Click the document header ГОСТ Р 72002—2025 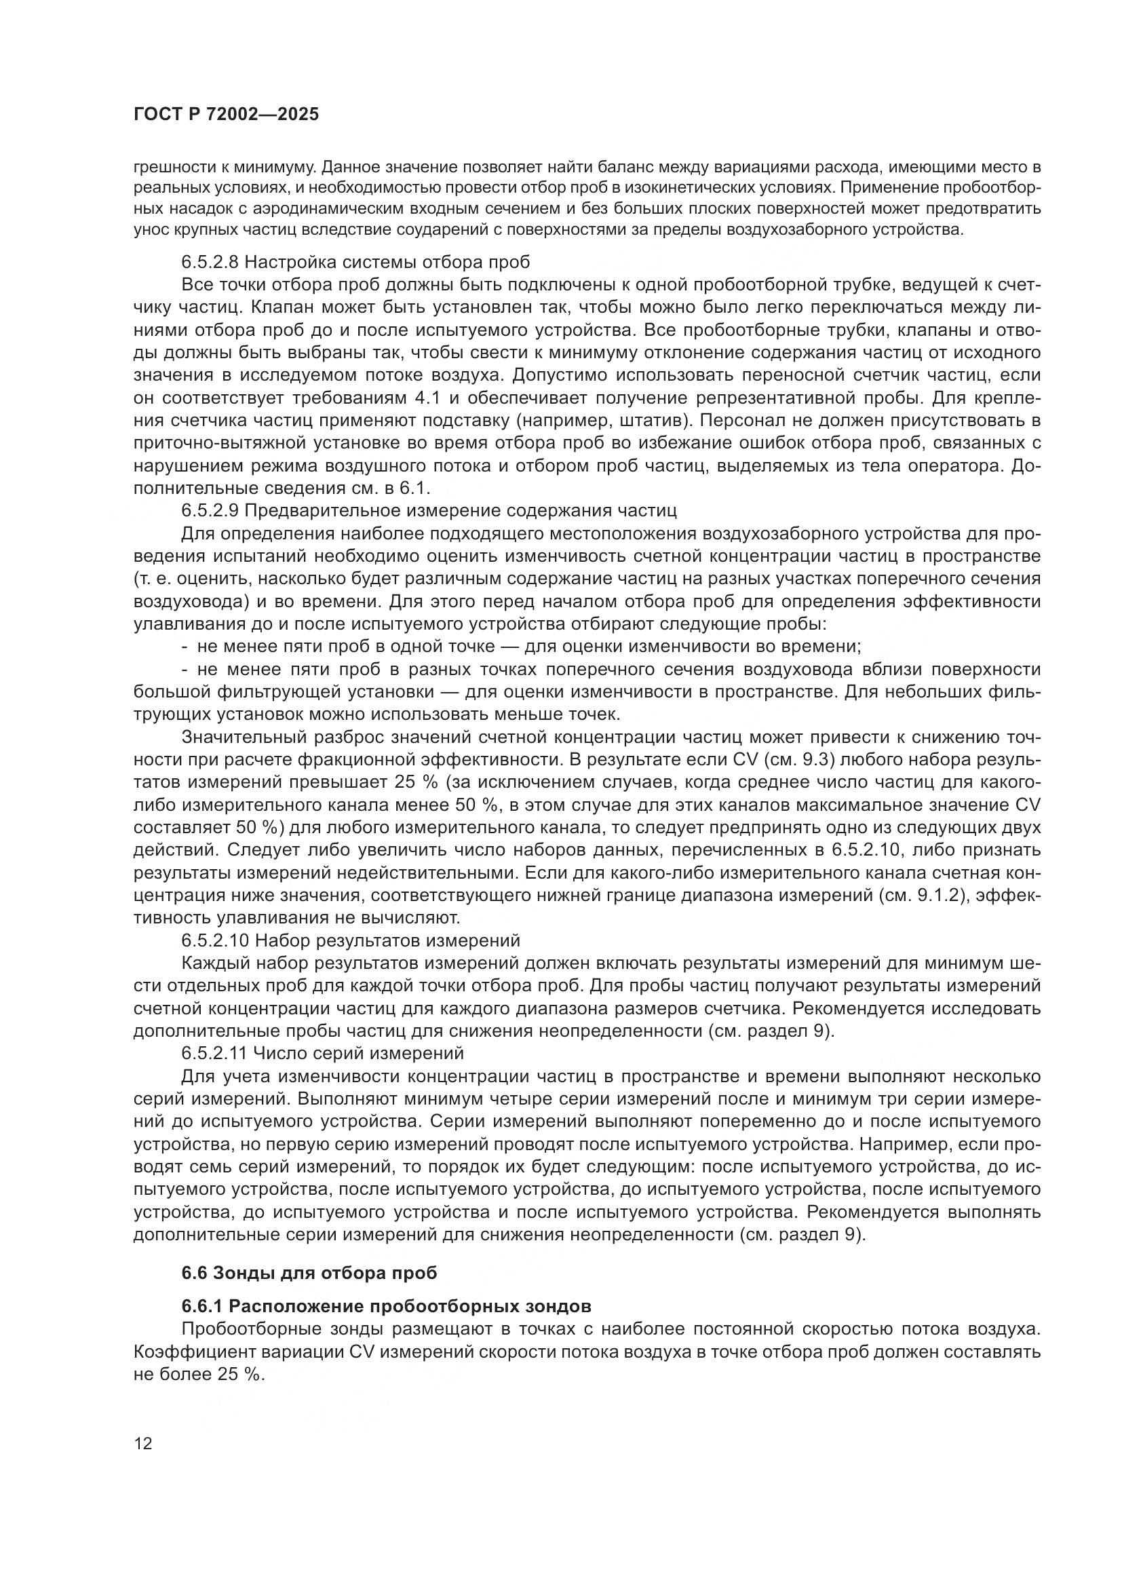[226, 115]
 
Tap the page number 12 [143, 1444]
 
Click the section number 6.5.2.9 [210, 511]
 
